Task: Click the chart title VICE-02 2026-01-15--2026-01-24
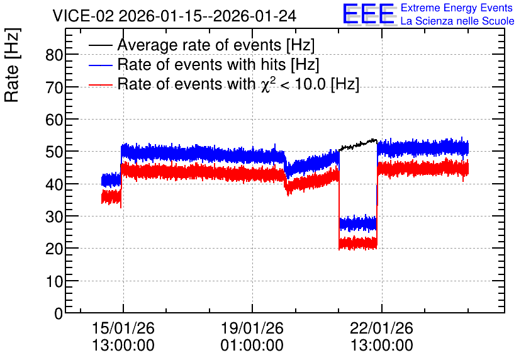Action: coord(174,16)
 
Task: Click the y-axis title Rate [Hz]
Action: coord(12,65)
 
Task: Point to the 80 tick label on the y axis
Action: coord(54,55)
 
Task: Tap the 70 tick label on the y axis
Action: coord(54,87)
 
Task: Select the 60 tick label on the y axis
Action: coord(54,120)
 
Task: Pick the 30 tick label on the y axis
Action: coord(54,217)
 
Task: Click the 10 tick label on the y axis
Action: coord(54,281)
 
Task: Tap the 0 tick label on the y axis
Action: coord(59,313)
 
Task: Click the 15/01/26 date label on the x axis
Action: coord(123,328)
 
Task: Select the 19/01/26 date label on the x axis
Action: coord(252,328)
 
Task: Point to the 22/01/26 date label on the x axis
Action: coord(381,328)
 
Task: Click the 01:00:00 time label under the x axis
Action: coord(252,346)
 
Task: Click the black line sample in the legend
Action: coord(100,45)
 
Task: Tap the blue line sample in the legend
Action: coord(100,65)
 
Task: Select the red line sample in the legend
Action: coord(100,84)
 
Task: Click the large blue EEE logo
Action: coord(369,14)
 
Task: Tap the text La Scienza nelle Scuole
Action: coord(457,21)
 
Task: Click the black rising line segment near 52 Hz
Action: coord(358,144)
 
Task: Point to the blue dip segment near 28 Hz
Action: coord(358,223)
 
